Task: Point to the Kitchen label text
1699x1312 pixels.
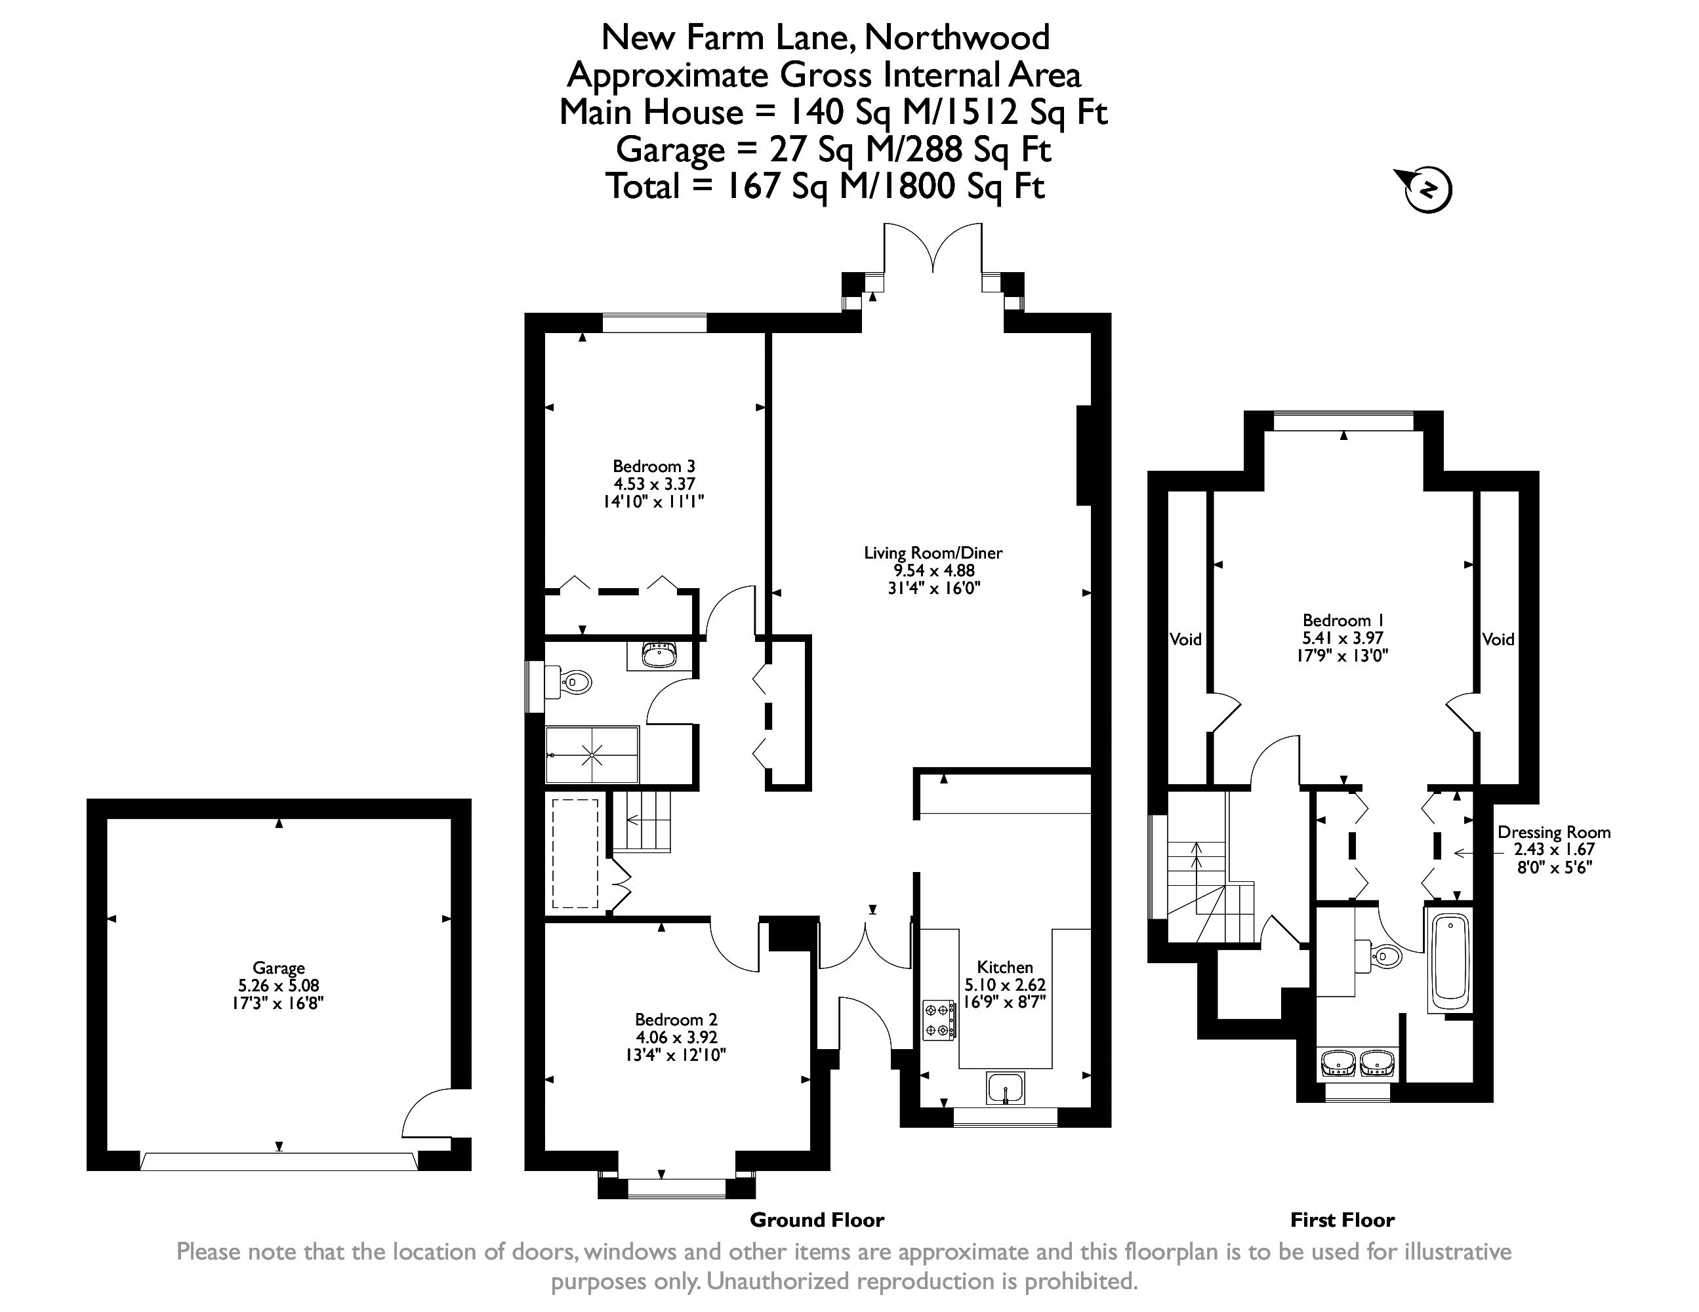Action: point(1005,966)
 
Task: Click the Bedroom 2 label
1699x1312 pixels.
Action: point(676,1020)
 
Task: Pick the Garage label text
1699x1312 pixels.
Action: point(279,968)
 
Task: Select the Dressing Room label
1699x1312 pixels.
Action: point(1554,832)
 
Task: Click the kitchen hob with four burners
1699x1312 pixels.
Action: point(939,1020)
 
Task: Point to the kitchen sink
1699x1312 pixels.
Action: point(1006,1087)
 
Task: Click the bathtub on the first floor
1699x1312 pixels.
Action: point(1449,959)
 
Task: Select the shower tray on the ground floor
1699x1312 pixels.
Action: point(592,755)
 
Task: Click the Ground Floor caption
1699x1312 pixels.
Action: point(817,1220)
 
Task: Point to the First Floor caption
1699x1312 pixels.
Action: point(1343,1220)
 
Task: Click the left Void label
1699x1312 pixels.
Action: point(1185,639)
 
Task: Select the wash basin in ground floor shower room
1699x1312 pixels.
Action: point(661,655)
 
